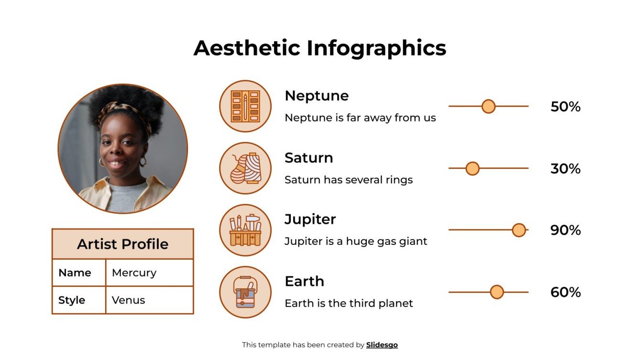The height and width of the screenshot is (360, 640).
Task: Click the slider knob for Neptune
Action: (488, 106)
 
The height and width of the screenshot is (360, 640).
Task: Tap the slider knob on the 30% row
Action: (472, 168)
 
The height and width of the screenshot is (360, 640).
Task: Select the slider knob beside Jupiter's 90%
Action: (519, 230)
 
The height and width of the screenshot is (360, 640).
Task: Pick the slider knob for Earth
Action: (497, 292)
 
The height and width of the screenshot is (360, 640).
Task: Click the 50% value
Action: (565, 107)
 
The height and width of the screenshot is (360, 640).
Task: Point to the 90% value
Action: (565, 230)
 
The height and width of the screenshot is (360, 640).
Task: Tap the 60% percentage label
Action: (565, 292)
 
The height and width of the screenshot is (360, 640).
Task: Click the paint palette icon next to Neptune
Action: (245, 106)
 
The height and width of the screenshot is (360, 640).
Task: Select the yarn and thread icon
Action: (245, 168)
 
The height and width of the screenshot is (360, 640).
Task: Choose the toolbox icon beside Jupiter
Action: (245, 230)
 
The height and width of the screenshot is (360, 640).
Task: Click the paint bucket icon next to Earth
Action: (245, 292)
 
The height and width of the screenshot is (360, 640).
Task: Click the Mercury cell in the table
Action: (134, 273)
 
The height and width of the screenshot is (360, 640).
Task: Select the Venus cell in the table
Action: (128, 300)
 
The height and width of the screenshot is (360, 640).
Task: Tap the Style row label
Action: (72, 300)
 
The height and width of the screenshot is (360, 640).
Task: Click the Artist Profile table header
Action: (122, 244)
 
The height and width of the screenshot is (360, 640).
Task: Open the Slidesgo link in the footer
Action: (382, 345)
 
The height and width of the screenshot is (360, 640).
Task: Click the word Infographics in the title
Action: (376, 48)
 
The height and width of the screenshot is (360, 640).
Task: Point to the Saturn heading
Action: (309, 157)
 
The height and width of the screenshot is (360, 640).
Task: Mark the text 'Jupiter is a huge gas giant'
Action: (355, 241)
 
